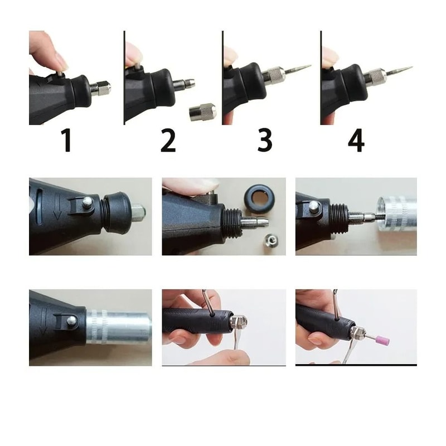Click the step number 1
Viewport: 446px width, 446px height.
point(66,140)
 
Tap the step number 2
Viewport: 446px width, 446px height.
point(168,140)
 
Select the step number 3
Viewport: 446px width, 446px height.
point(265,140)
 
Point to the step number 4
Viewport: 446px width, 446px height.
point(356,140)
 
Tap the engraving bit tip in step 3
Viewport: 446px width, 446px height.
point(308,66)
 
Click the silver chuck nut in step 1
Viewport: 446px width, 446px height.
point(102,88)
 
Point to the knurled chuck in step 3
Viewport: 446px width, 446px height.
point(274,76)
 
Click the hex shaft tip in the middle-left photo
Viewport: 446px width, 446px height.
point(138,211)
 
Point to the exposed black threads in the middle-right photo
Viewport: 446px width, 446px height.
point(338,213)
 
